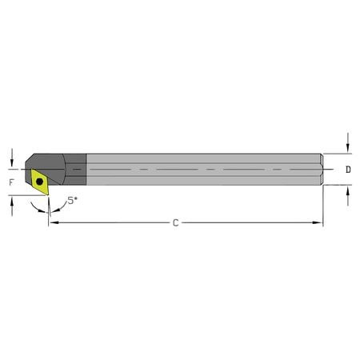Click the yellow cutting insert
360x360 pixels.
[38, 182]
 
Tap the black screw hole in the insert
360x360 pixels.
[39, 182]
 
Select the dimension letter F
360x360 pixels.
[11, 183]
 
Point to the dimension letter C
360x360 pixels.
[176, 222]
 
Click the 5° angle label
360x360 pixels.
[72, 201]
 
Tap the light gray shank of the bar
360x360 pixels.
[200, 170]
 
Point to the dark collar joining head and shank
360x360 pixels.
[75, 170]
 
